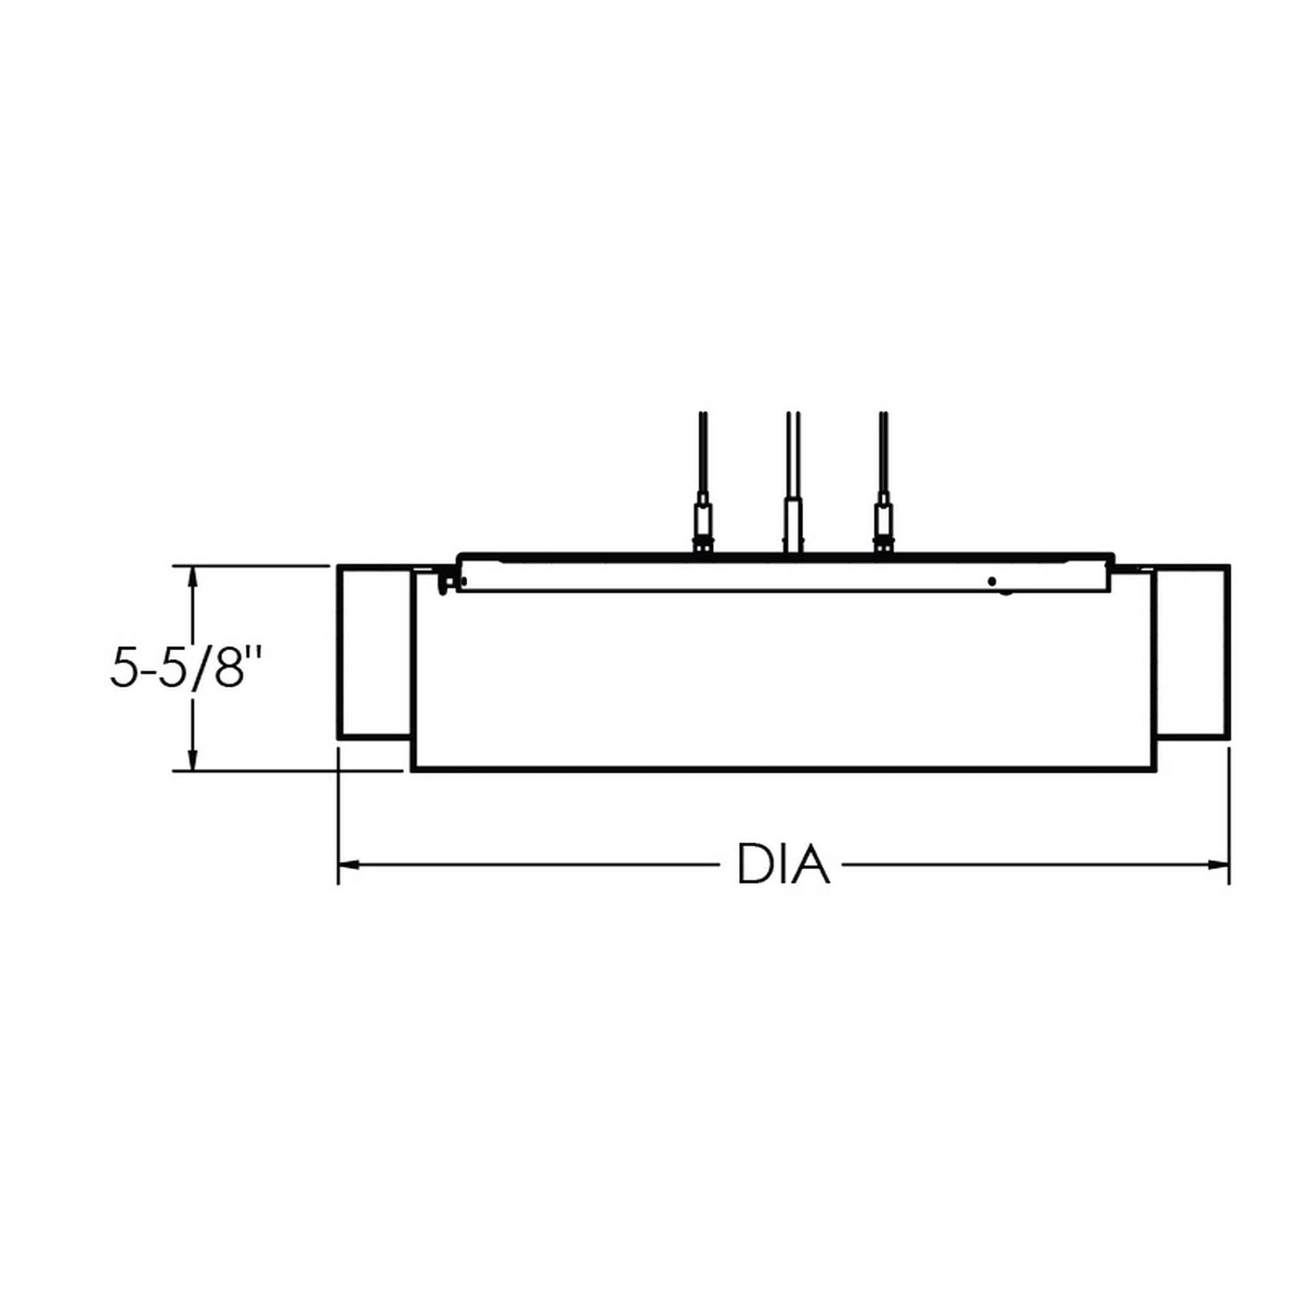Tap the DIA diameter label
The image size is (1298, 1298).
(x=783, y=864)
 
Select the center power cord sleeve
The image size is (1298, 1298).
(x=793, y=524)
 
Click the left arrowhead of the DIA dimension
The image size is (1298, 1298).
(x=349, y=864)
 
